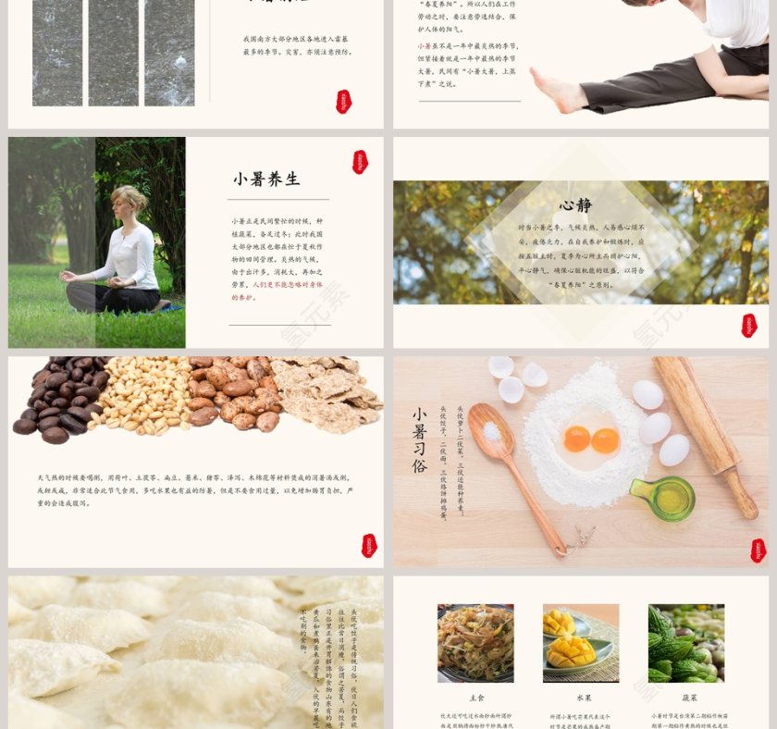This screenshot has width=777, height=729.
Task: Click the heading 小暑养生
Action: pyautogui.click(x=266, y=179)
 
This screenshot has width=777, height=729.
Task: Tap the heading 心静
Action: pyautogui.click(x=575, y=205)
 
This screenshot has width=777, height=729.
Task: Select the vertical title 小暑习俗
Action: pyautogui.click(x=419, y=440)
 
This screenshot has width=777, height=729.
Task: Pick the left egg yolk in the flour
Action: pyautogui.click(x=577, y=439)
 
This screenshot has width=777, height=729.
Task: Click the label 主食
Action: pyautogui.click(x=475, y=698)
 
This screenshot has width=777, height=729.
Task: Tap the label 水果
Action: pyautogui.click(x=580, y=698)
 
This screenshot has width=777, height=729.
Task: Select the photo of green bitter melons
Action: pyautogui.click(x=686, y=642)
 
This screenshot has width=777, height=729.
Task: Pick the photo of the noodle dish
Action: pyautogui.click(x=475, y=642)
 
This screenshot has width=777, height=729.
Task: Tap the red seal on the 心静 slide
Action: pyautogui.click(x=748, y=325)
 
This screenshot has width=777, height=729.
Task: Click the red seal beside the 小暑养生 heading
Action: pyautogui.click(x=360, y=162)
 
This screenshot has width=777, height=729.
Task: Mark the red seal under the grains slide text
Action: pyautogui.click(x=369, y=545)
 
